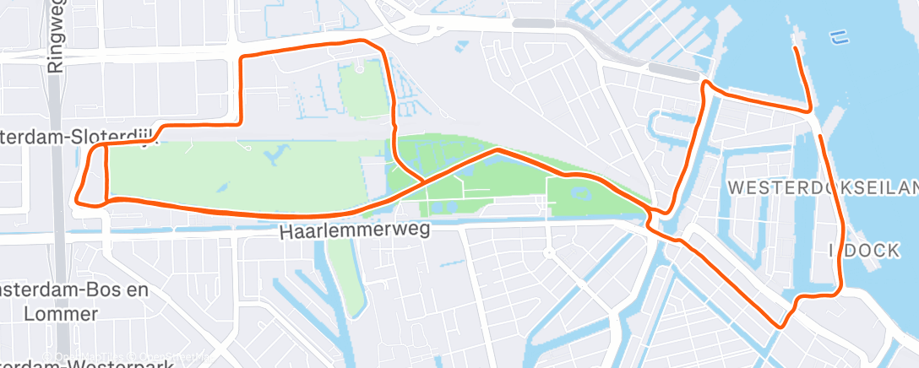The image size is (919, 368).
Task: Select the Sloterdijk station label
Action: click(76, 135)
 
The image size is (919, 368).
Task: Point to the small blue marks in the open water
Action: click(838, 36)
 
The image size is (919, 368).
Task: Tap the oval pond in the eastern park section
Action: click(582, 192)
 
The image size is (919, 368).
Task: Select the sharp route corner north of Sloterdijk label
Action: click(243, 57)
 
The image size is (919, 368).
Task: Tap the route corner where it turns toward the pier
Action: click(809, 111)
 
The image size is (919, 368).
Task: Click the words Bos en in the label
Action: click(110, 290)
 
